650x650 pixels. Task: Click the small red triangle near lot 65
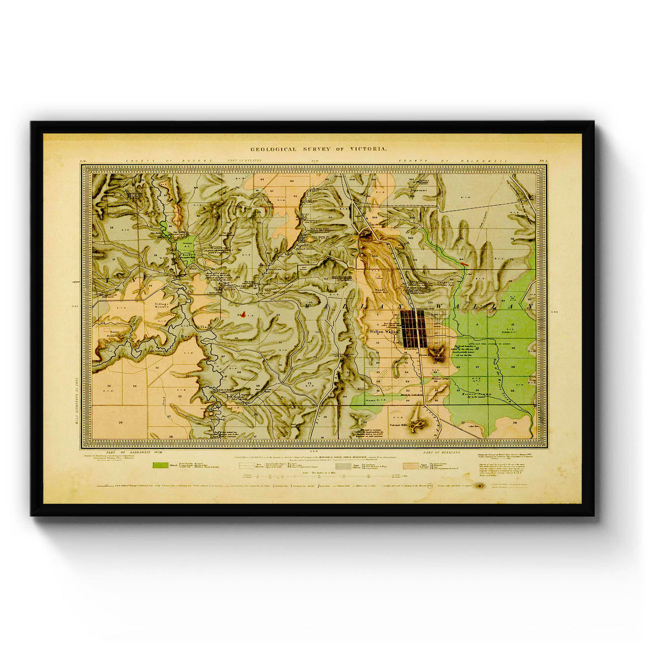[244, 314]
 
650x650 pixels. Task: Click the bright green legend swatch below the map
[160, 465]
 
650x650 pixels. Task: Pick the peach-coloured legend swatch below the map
[411, 465]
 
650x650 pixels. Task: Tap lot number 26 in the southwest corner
[120, 422]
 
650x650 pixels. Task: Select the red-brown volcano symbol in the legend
[480, 486]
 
